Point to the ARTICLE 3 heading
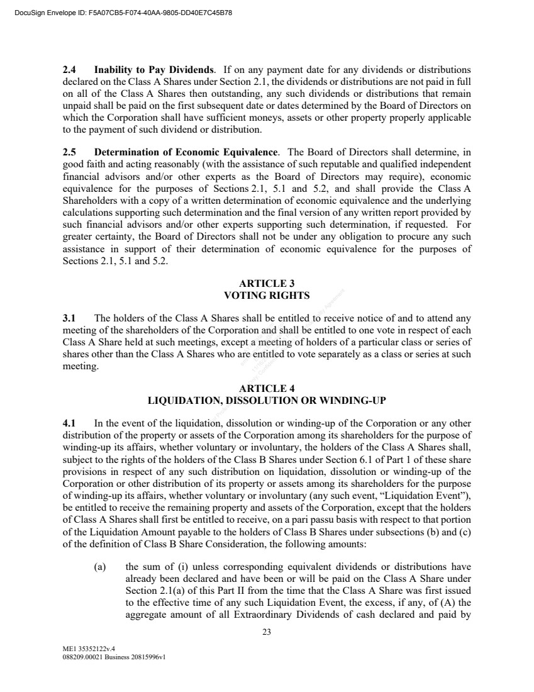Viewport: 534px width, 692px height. [x=267, y=283]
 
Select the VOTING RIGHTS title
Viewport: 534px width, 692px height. [x=267, y=294]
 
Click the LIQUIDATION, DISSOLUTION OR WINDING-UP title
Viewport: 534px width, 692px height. [x=267, y=399]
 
